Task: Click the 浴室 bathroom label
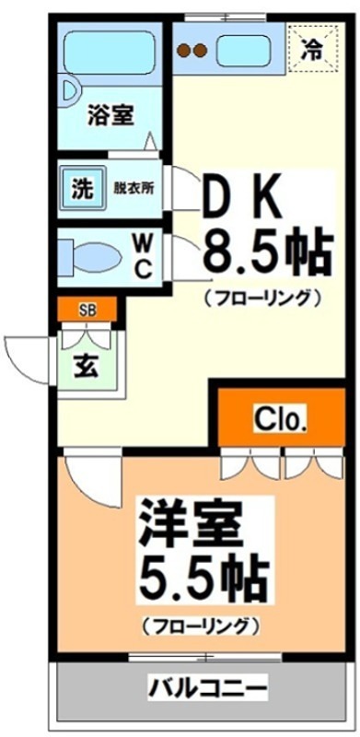pyautogui.click(x=110, y=116)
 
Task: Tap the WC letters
pyautogui.click(x=145, y=254)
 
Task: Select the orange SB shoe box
pyautogui.click(x=87, y=309)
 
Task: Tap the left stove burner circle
pyautogui.click(x=183, y=51)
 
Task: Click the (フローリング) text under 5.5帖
pyautogui.click(x=198, y=627)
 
